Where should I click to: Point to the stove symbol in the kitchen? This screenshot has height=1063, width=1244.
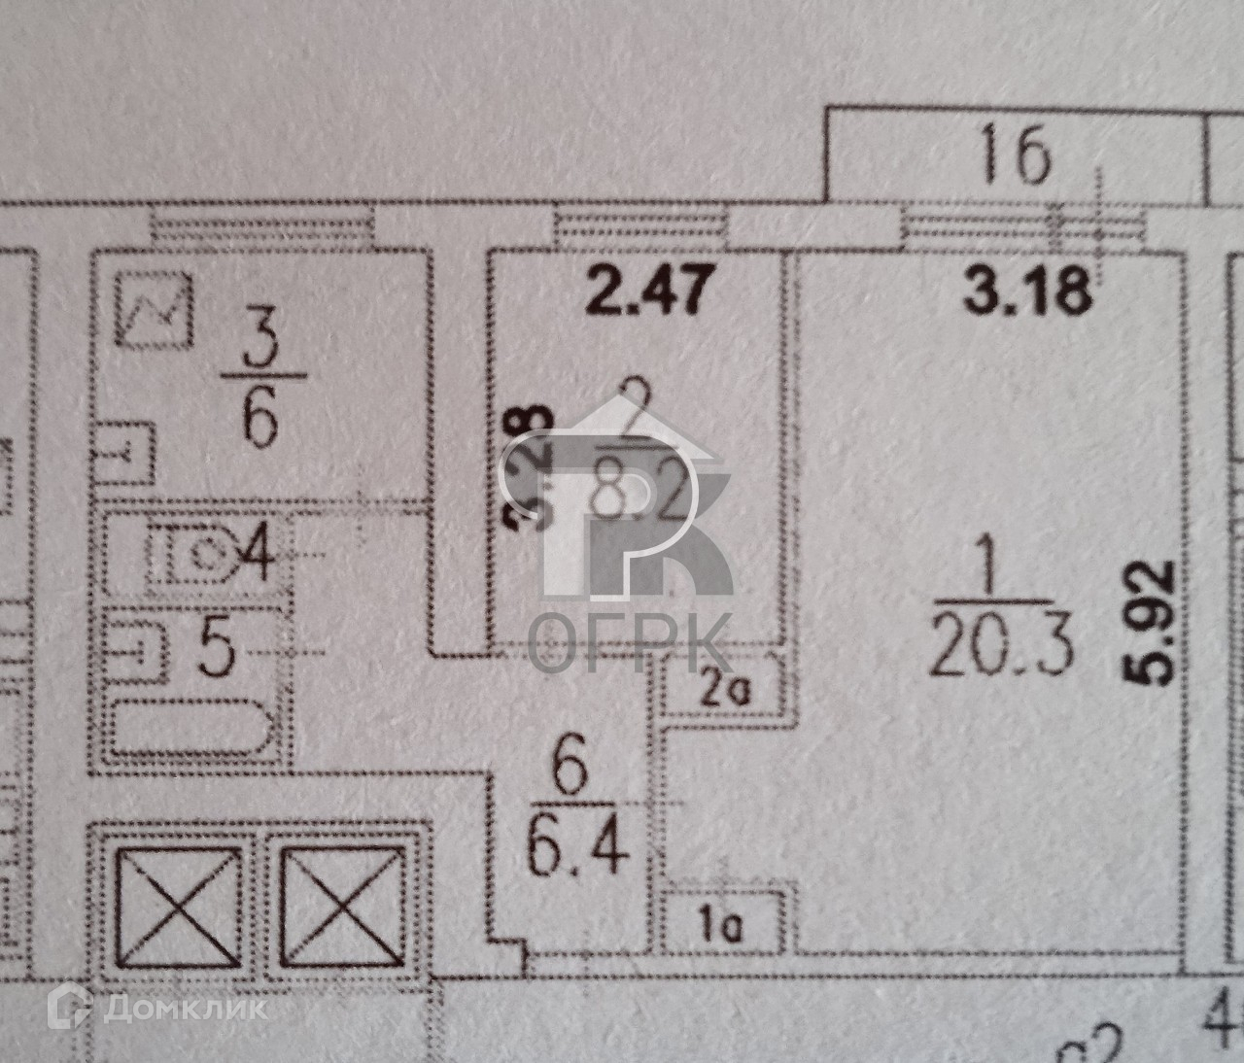[155, 310]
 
